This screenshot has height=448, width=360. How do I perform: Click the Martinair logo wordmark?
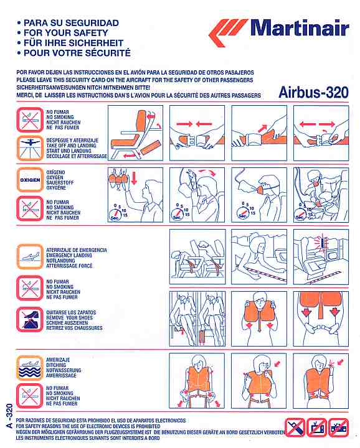point(300,28)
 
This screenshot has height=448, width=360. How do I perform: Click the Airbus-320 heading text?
point(313,92)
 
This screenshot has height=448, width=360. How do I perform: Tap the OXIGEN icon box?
point(30,180)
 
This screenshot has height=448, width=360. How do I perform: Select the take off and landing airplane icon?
point(30,148)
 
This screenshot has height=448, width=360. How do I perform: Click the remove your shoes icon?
point(30,320)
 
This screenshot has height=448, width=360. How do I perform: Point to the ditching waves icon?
point(30,368)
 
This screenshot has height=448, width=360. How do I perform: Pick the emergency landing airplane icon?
point(30,256)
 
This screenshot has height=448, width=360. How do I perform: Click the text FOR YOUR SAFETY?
point(66,33)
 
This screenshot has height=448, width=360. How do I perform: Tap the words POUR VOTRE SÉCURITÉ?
point(77,52)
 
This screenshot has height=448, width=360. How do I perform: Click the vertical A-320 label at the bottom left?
point(9,416)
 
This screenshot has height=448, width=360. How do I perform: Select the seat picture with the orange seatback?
point(135,133)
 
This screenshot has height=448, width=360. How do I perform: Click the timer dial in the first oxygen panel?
point(115,214)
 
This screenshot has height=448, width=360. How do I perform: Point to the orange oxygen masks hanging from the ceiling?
point(118,178)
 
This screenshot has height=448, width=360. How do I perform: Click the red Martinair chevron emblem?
point(228,32)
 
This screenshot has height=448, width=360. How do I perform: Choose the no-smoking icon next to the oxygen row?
point(30,208)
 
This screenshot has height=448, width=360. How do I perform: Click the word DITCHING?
point(56,365)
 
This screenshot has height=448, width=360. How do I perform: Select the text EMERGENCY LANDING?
point(69,255)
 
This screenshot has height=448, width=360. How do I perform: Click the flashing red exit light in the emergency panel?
point(323,242)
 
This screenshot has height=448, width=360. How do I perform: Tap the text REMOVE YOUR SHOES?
point(70,317)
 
